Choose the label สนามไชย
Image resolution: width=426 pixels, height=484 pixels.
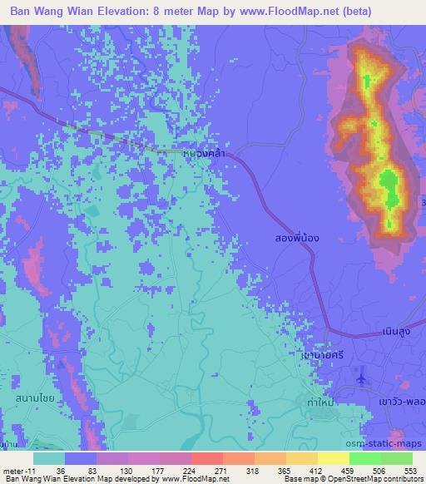click(36, 399)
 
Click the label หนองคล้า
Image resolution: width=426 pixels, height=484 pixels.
click(205, 153)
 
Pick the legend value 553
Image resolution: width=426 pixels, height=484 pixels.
click(409, 470)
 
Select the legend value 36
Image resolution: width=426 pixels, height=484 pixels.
click(61, 470)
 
